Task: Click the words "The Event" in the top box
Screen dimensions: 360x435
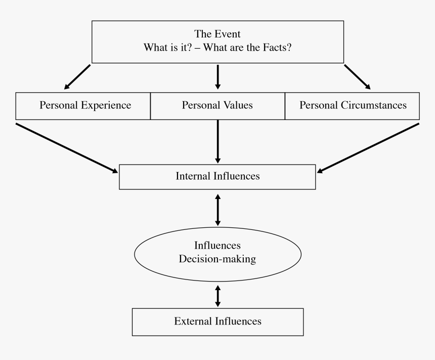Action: pos(217,34)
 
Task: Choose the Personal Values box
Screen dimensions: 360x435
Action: pos(217,106)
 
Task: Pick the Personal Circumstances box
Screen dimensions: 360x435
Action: pos(353,106)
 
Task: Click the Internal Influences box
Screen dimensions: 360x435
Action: pos(217,177)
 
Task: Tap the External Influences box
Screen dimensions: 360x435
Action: pos(217,322)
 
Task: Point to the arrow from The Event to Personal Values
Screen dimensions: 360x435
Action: pos(217,77)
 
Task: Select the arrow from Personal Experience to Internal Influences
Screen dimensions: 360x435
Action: pos(66,147)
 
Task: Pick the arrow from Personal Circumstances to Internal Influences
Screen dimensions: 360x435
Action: pos(368,147)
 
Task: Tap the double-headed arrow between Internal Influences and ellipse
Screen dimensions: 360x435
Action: pos(217,209)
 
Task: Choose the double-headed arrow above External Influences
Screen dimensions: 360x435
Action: pos(217,296)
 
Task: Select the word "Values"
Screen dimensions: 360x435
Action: pos(237,106)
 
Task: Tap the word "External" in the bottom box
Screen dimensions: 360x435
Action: pos(193,322)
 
